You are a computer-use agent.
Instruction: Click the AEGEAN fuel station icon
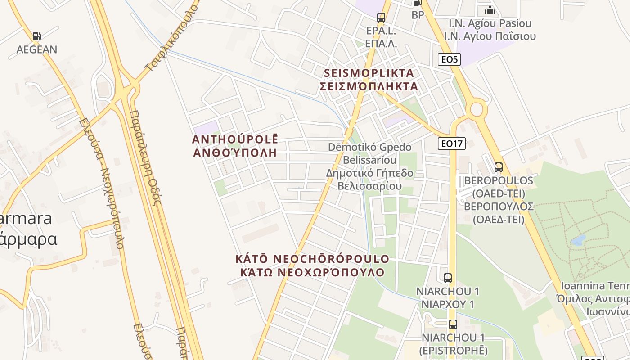tap(36, 36)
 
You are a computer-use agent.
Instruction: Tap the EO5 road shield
tap(450, 59)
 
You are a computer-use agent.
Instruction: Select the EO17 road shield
tap(452, 144)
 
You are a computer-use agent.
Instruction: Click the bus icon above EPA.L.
tap(381, 18)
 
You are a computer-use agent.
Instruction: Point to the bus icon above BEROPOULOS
tap(499, 167)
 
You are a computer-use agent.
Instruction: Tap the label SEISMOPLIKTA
tap(369, 73)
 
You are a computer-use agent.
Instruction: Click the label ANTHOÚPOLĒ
tap(235, 139)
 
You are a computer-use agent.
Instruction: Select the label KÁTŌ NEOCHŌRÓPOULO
tap(312, 259)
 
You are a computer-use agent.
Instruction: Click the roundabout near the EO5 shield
tap(477, 109)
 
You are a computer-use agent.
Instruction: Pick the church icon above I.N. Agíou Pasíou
tap(490, 9)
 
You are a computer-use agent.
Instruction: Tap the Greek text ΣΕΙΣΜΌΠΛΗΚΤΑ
tap(369, 86)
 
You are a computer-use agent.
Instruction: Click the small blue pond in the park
tap(579, 239)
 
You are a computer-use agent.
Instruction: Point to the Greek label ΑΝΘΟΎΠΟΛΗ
tap(235, 153)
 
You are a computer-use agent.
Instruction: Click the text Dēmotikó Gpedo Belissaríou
tap(370, 153)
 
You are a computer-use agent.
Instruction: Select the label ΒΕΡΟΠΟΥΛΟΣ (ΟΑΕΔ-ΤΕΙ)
tap(499, 213)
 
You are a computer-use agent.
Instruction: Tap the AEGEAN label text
tap(37, 49)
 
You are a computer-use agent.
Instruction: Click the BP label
tap(418, 15)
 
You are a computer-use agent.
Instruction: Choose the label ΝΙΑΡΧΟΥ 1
tap(448, 305)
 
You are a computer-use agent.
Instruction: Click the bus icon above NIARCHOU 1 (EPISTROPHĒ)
tap(453, 324)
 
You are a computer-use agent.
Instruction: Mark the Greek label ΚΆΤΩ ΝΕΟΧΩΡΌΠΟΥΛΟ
tap(312, 272)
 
